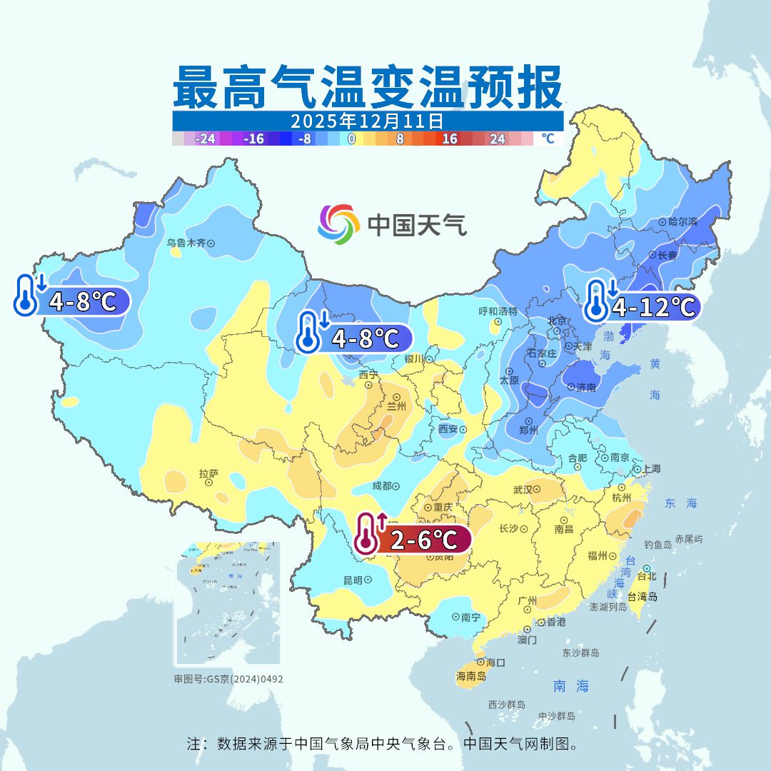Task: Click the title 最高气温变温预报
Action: coord(368,87)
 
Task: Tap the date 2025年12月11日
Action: coord(368,120)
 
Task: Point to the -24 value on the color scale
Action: coord(206,139)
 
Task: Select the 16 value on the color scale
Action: coord(449,139)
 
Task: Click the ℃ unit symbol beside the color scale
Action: coord(548,139)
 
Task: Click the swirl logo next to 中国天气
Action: coord(338,224)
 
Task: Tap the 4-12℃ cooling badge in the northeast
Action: coord(642,307)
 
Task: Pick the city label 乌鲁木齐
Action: coord(186,243)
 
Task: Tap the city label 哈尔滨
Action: coord(682,222)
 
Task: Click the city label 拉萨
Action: coord(208,473)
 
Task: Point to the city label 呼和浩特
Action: coord(498,312)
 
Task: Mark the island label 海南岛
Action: coord(471,676)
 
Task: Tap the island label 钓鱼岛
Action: coord(657,544)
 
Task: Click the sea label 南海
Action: coord(571,686)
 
